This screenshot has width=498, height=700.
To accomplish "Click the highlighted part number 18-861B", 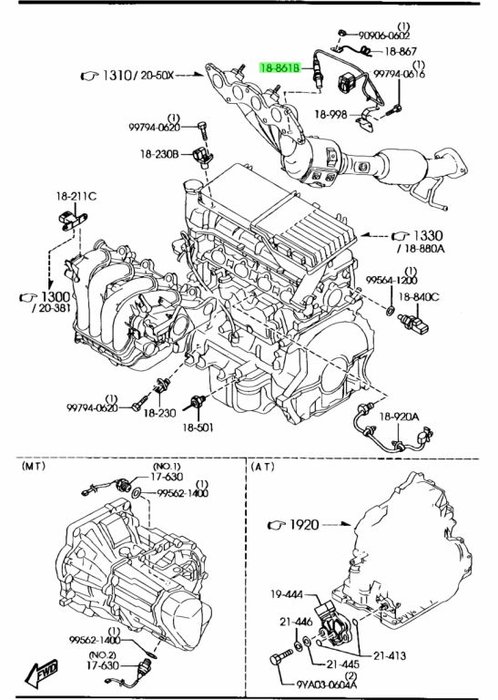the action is pyautogui.click(x=279, y=67).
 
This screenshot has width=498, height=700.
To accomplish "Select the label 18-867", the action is pyautogui.click(x=401, y=51).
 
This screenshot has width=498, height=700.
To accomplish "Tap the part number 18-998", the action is pyautogui.click(x=330, y=114).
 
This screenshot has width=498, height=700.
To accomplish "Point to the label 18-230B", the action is pyautogui.click(x=159, y=154).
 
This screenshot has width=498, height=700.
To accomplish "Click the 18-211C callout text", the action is pyautogui.click(x=76, y=196).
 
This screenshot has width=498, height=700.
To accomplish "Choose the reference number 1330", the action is pyautogui.click(x=428, y=235).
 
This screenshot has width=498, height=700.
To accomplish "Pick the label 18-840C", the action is pyautogui.click(x=419, y=296).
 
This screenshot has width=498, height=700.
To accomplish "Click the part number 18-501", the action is pyautogui.click(x=198, y=427).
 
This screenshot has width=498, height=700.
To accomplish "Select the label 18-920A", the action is pyautogui.click(x=399, y=417).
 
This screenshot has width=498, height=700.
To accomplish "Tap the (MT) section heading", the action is pyautogui.click(x=34, y=466).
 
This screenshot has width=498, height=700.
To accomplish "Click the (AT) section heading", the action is pyautogui.click(x=262, y=467).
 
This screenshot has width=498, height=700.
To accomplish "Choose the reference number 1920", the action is pyautogui.click(x=304, y=524).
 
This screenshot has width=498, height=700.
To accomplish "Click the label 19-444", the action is pyautogui.click(x=287, y=593).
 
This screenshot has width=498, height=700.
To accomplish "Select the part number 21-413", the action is pyautogui.click(x=390, y=655).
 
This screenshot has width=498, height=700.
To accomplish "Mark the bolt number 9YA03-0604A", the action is pyautogui.click(x=327, y=684).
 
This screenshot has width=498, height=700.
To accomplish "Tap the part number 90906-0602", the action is pyautogui.click(x=384, y=35).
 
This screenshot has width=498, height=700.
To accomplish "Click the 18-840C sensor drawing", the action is pyautogui.click(x=413, y=324).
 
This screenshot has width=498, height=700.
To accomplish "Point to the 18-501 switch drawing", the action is pyautogui.click(x=197, y=401).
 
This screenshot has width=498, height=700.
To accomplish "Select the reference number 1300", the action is pyautogui.click(x=56, y=296).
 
